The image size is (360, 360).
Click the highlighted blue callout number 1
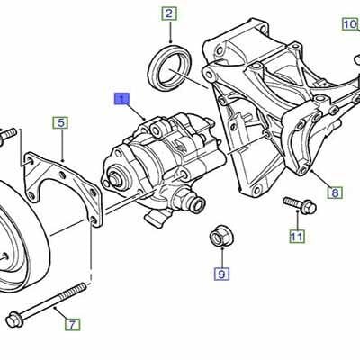tap(121, 100)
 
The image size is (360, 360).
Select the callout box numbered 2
tap(169, 13)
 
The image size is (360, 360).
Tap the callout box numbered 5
tap(59, 122)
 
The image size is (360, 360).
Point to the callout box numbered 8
tap(334, 193)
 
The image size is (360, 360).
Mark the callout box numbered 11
tap(296, 238)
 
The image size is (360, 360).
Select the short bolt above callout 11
tap(298, 205)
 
